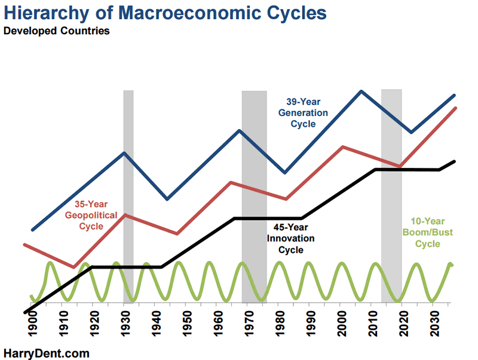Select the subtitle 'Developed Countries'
click(57, 31)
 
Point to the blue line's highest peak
click(361, 91)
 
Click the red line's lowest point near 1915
click(73, 267)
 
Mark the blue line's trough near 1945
click(167, 199)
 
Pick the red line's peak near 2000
click(342, 147)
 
